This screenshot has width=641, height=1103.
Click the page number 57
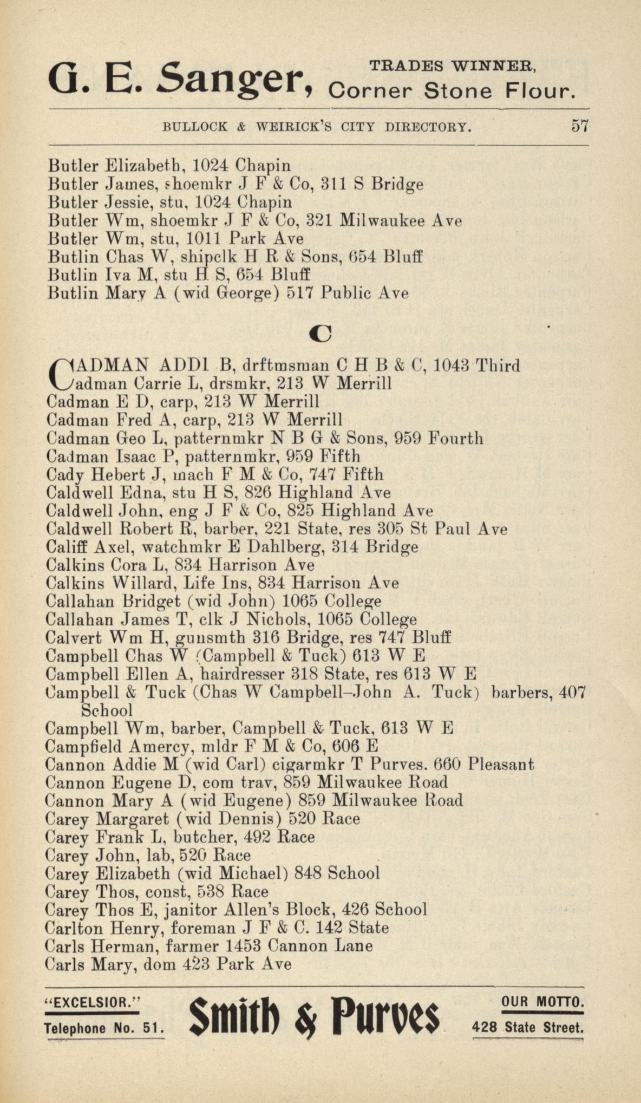point(579,126)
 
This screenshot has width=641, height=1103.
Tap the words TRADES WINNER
point(453,66)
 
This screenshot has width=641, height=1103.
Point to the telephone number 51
point(152,1028)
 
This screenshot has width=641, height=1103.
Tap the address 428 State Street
point(528,1027)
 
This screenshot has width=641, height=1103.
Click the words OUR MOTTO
point(543,1001)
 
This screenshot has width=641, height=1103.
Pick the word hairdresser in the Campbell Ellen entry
point(243,674)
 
